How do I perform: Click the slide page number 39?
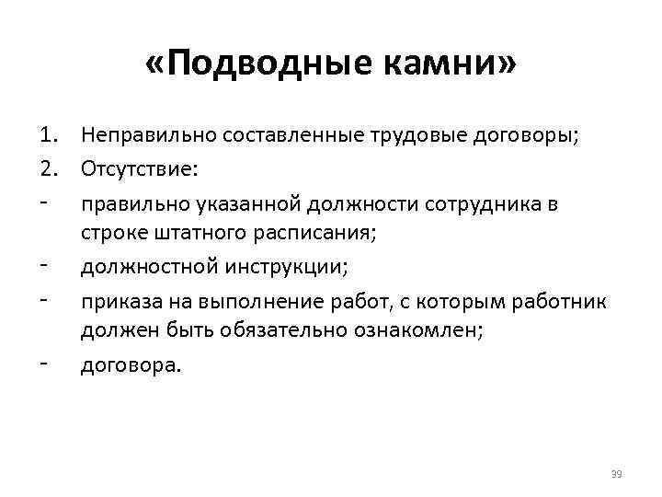[616, 473]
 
